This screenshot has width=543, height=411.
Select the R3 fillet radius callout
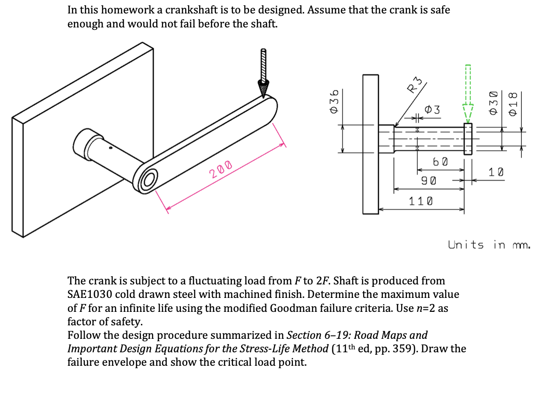[414, 87]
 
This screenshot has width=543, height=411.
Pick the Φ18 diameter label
[513, 103]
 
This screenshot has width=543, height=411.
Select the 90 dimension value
[429, 181]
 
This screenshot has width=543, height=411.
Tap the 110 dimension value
[421, 201]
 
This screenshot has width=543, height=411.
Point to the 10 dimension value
[496, 172]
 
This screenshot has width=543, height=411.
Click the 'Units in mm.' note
[489, 245]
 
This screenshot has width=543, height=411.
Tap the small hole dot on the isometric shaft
[110, 149]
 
